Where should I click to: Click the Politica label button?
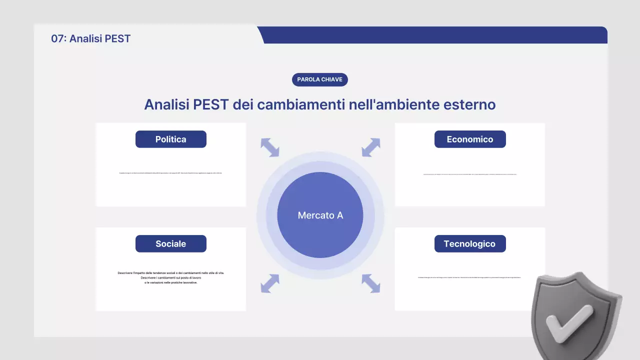(x=170, y=139)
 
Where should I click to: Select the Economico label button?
(x=470, y=139)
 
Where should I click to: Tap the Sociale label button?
(x=170, y=244)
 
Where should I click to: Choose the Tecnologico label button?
(x=470, y=244)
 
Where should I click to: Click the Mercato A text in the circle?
(x=320, y=215)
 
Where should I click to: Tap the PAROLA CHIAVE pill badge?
(x=319, y=79)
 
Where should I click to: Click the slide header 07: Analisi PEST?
(x=90, y=38)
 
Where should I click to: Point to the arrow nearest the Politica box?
(x=270, y=147)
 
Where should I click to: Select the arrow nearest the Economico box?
(x=371, y=147)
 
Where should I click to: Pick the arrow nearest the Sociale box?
(x=270, y=283)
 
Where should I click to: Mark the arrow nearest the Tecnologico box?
(x=371, y=283)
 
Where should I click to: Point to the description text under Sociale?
(x=170, y=277)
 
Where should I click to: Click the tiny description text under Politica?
(x=170, y=173)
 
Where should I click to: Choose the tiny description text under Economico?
(x=470, y=174)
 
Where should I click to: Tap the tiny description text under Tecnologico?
(x=470, y=277)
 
